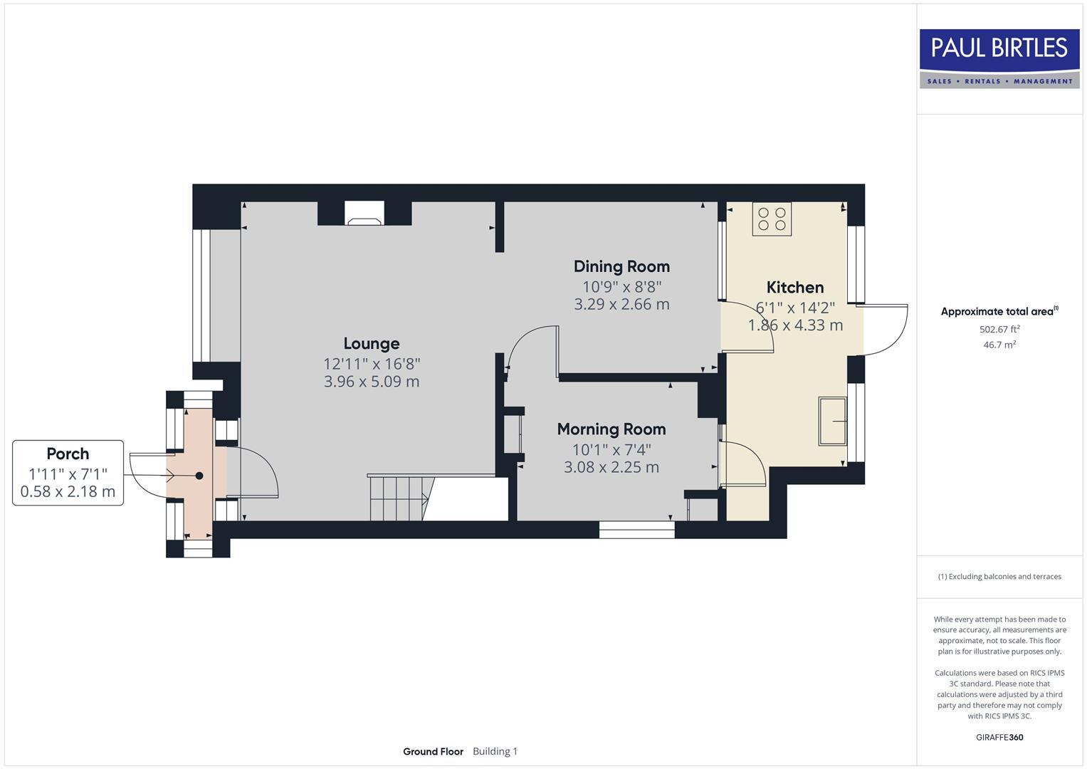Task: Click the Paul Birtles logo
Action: tap(999, 58)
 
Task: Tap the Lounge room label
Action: tap(371, 344)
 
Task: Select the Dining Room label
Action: tap(621, 266)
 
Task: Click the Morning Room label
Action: tap(611, 429)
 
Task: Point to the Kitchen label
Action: tap(794, 287)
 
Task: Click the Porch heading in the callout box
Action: tap(68, 454)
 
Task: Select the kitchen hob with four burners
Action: tap(772, 219)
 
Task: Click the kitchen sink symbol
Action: tap(831, 422)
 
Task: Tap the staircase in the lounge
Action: tap(401, 498)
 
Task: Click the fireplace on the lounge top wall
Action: tap(364, 213)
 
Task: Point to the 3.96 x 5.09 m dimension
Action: tap(371, 382)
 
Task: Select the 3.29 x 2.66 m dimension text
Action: tap(621, 304)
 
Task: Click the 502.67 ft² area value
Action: tap(999, 329)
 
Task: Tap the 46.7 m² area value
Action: tap(999, 345)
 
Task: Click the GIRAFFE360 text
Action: tap(999, 737)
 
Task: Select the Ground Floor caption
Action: tap(433, 751)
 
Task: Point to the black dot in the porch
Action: tap(199, 476)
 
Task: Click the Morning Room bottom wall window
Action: tap(636, 529)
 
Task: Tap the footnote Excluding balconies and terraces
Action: tap(999, 577)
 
